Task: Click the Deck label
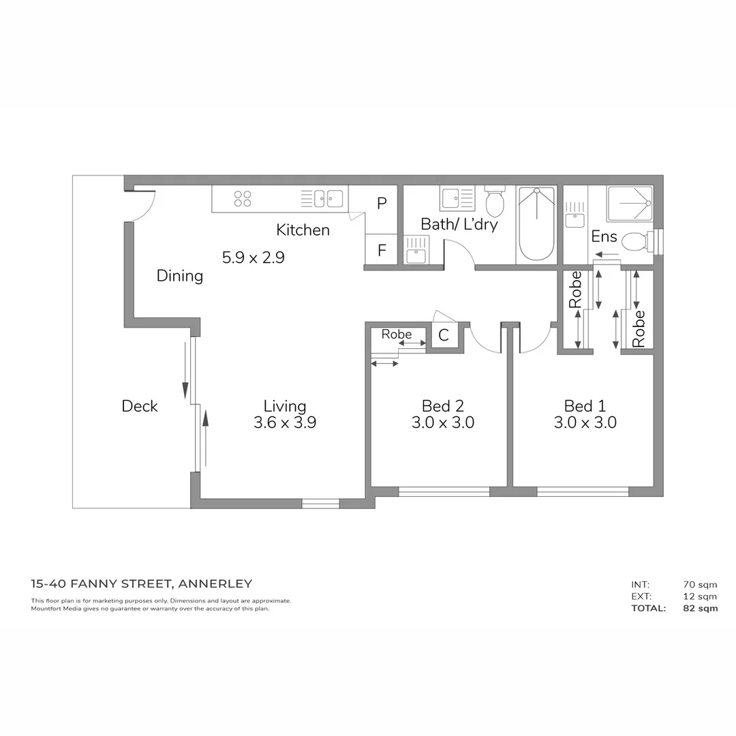(x=140, y=406)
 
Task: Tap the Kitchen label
(x=303, y=230)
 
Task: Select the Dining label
(x=180, y=276)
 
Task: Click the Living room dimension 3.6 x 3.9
(x=285, y=423)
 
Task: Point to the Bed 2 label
(x=442, y=406)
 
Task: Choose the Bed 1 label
(x=585, y=406)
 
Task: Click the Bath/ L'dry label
(x=459, y=224)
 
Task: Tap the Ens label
(x=604, y=236)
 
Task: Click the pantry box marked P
(x=382, y=203)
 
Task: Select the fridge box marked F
(x=382, y=250)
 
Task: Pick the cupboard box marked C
(x=444, y=335)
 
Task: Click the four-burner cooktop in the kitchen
(x=243, y=198)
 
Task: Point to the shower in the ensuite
(x=630, y=203)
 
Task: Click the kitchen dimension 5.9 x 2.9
(x=253, y=258)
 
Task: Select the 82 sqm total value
(x=700, y=609)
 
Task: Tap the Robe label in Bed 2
(x=397, y=335)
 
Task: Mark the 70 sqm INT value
(x=700, y=584)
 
